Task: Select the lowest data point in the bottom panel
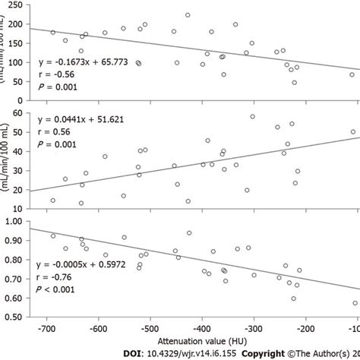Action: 355,303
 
